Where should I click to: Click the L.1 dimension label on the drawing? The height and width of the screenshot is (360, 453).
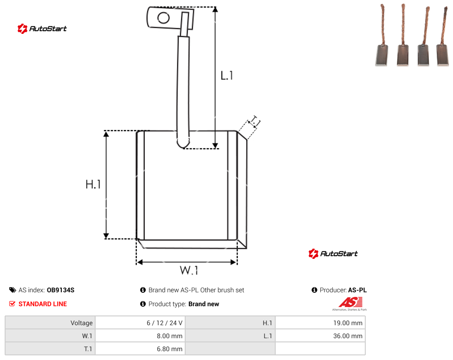click(x=227, y=76)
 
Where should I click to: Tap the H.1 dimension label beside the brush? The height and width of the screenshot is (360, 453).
click(x=93, y=184)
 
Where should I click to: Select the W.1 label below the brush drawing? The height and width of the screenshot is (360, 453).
click(x=189, y=270)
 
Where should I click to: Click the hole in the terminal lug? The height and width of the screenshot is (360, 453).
click(x=163, y=18)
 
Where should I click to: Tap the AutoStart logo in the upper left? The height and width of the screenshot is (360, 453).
click(x=42, y=29)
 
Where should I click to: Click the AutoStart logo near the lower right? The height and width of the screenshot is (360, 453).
click(x=333, y=253)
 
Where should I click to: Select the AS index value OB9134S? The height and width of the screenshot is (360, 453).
click(x=60, y=290)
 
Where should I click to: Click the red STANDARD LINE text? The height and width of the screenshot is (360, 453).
click(x=43, y=304)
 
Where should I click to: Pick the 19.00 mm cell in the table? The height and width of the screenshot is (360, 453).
click(x=320, y=323)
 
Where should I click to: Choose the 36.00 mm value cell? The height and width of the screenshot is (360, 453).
click(x=320, y=336)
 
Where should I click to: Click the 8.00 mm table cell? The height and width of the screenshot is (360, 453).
click(x=140, y=336)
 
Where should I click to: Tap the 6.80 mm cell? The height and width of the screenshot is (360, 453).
click(x=140, y=349)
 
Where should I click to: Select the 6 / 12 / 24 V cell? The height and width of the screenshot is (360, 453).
click(x=140, y=323)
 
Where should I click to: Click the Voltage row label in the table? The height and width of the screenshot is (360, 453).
click(x=82, y=323)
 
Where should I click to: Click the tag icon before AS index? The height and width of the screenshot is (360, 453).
click(x=13, y=290)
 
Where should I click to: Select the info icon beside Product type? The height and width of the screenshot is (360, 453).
click(x=142, y=304)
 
